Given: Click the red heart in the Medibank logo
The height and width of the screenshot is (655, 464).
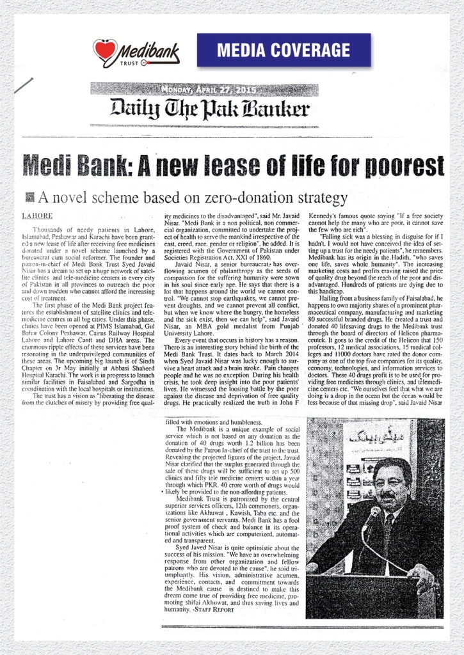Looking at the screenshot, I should point(104,49).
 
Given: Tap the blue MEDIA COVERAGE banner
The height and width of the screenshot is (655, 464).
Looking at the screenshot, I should point(284,49).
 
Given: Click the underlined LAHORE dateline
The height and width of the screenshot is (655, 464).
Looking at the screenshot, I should point(38,216).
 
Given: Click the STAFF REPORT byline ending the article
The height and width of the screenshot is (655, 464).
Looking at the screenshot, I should point(214,610).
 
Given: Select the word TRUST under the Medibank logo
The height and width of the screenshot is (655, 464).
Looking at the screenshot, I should point(129,63).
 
